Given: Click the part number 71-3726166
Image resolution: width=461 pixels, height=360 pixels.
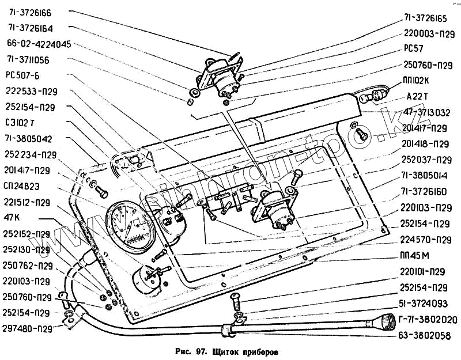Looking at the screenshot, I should tap(29, 12).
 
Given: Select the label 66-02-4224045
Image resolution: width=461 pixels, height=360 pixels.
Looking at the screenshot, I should tap(39, 43).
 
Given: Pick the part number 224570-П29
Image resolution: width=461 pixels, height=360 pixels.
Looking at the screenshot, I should tap(426, 239).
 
